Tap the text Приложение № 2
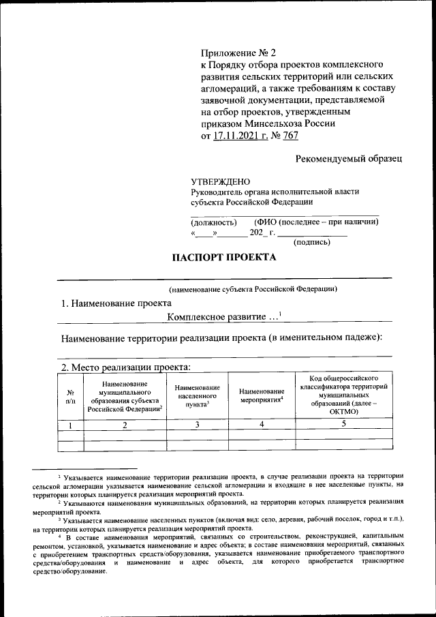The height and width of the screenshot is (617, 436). coord(239,52)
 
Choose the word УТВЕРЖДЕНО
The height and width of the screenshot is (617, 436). coord(221,181)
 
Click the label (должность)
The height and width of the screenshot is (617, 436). coord(213,222)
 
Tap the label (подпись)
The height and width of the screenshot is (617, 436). coord(311,242)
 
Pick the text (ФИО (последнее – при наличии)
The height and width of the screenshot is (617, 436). coord(316,222)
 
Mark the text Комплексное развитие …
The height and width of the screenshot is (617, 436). coord(223,316)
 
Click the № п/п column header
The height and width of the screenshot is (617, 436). coord(70,397)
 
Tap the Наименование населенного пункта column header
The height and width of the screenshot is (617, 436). coord(197,396)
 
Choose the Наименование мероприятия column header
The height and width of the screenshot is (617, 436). coord(261,396)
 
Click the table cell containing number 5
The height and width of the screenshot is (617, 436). coord(343,424)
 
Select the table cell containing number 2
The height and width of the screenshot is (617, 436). coord(124,425)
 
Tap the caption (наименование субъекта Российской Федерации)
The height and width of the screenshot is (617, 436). coord(253,289)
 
